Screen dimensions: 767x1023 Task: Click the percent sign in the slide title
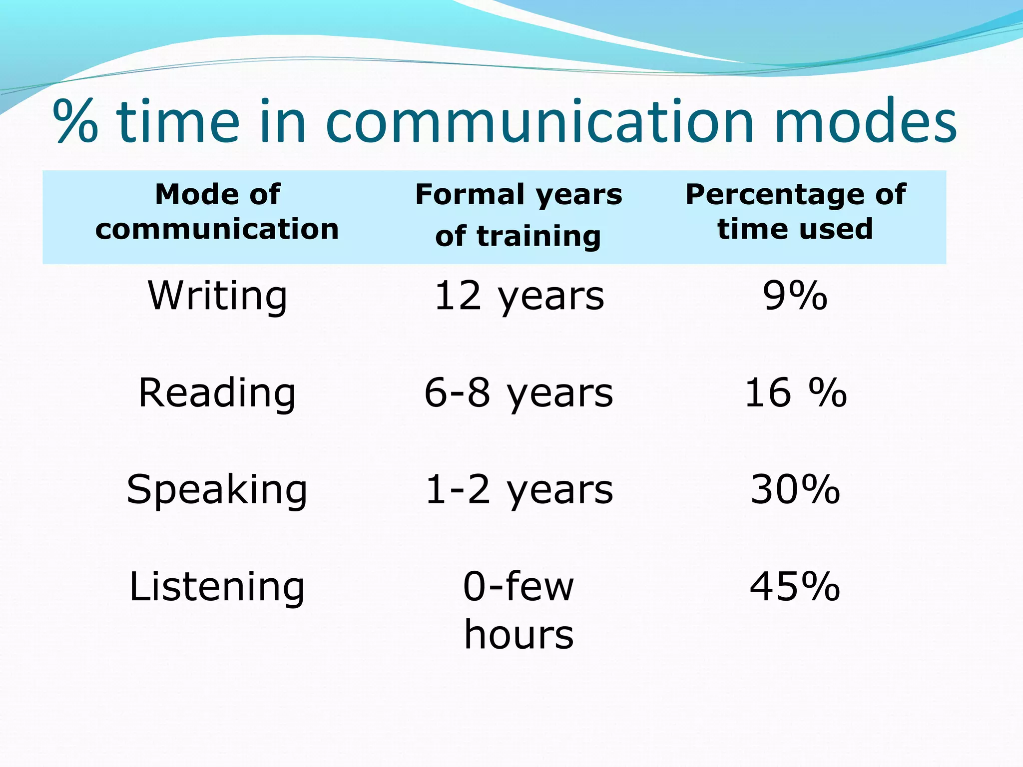75,121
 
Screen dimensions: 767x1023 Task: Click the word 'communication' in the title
539,121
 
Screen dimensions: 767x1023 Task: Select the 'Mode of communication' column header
217,212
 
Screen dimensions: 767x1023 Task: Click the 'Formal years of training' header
518,215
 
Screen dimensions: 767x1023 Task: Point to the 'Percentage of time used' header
795,212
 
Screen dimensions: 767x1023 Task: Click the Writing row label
217,296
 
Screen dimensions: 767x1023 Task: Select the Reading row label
217,393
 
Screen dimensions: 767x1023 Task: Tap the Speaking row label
217,490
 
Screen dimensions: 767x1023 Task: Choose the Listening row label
217,587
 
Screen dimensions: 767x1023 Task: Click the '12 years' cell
519,296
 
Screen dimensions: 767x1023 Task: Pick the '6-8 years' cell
519,393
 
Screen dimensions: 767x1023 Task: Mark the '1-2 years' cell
519,490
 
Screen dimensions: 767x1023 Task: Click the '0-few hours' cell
519,610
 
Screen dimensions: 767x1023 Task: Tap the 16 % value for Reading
795,393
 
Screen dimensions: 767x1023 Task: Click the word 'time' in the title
178,121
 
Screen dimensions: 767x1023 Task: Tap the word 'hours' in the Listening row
519,635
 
